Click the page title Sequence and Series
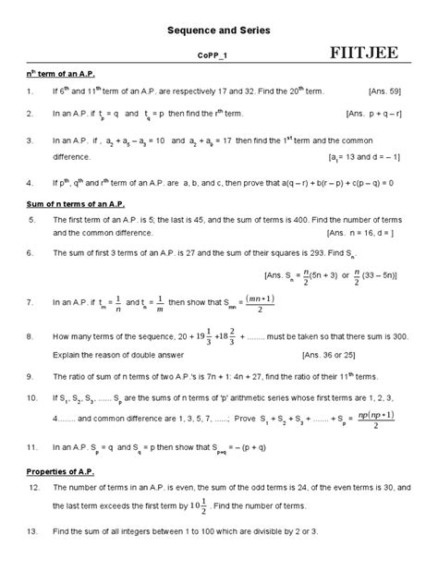219,30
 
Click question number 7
30,301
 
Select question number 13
31,532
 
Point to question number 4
30,182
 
